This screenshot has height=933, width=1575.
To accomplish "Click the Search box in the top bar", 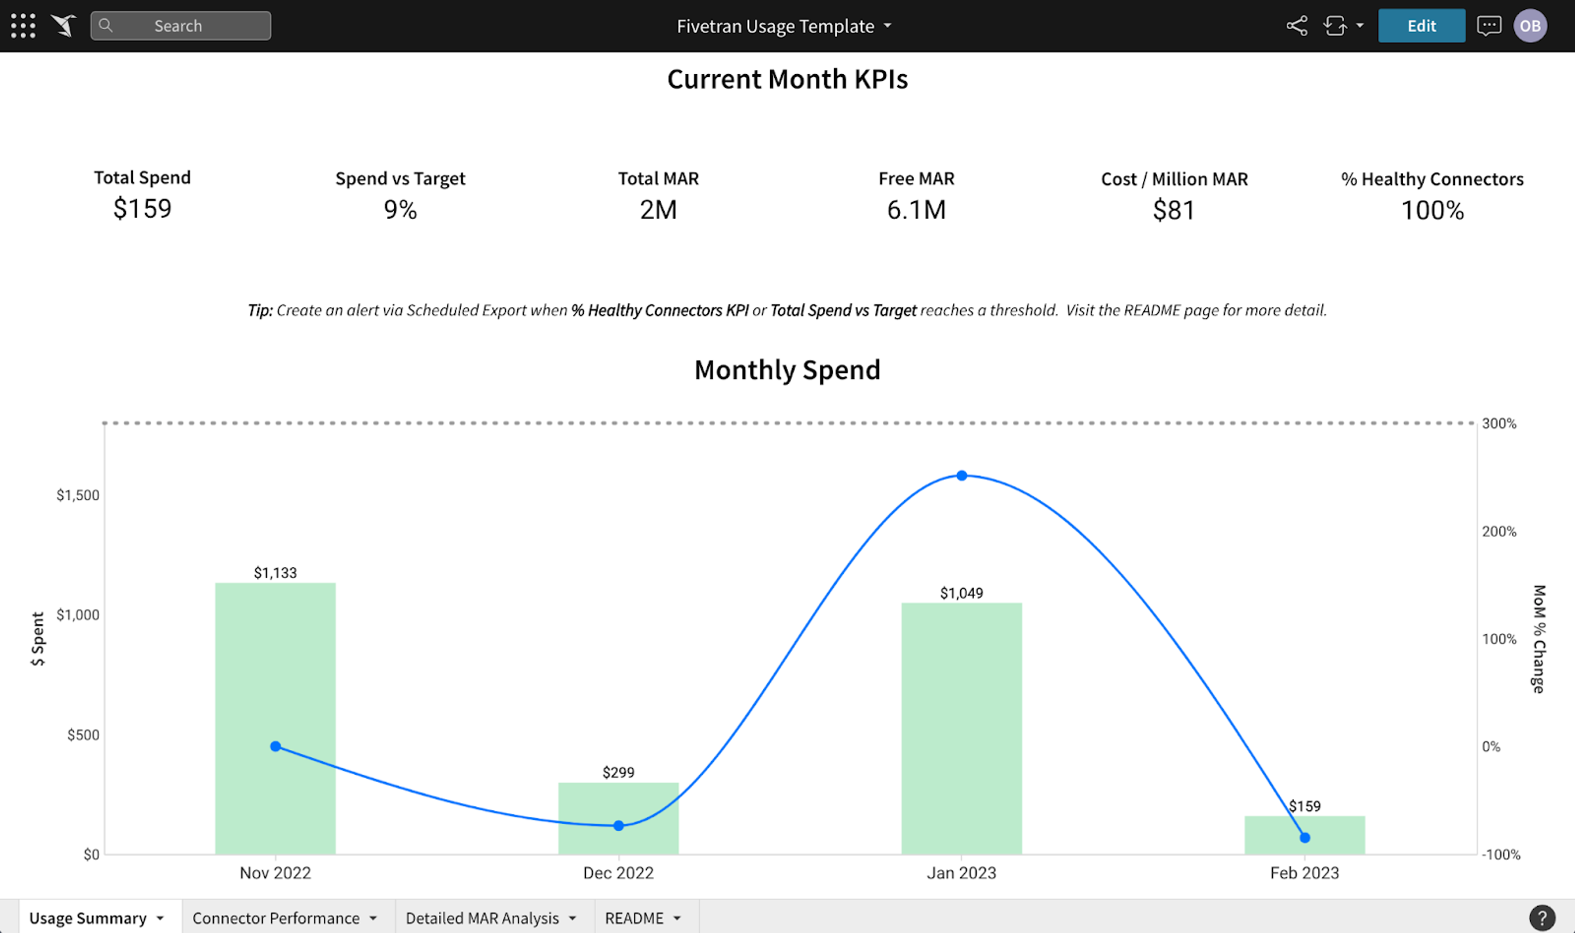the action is coord(180,26).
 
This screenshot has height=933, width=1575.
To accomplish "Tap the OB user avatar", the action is coord(1530,26).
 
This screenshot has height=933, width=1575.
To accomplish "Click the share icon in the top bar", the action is coord(1297,26).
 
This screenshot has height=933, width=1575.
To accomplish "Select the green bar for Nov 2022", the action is coord(275,719).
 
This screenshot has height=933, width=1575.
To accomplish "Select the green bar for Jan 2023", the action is coord(961,729).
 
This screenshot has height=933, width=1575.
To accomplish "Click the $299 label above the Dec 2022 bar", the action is coord(618,772).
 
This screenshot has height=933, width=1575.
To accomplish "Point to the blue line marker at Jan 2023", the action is coord(961,475).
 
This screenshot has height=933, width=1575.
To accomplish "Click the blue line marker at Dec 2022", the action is coord(618,826).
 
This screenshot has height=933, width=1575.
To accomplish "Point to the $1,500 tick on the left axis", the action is coord(78,495).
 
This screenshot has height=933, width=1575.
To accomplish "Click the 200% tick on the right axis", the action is coord(1499,531).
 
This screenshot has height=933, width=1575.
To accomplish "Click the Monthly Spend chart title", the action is coord(787,370).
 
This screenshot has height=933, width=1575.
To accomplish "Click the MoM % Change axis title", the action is coord(1538,639).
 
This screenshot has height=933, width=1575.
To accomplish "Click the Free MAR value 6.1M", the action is coord(916,210).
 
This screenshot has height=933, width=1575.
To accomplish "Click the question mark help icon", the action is coord(1542,917).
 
